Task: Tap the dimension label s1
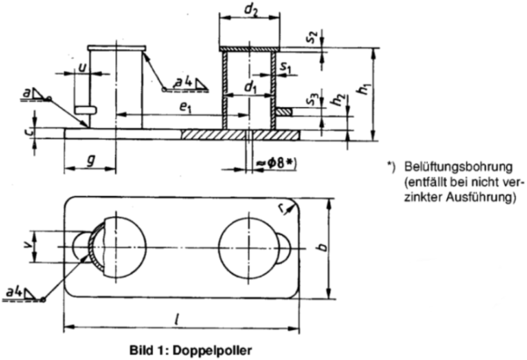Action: [285, 66]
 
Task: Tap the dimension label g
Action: [90, 160]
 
